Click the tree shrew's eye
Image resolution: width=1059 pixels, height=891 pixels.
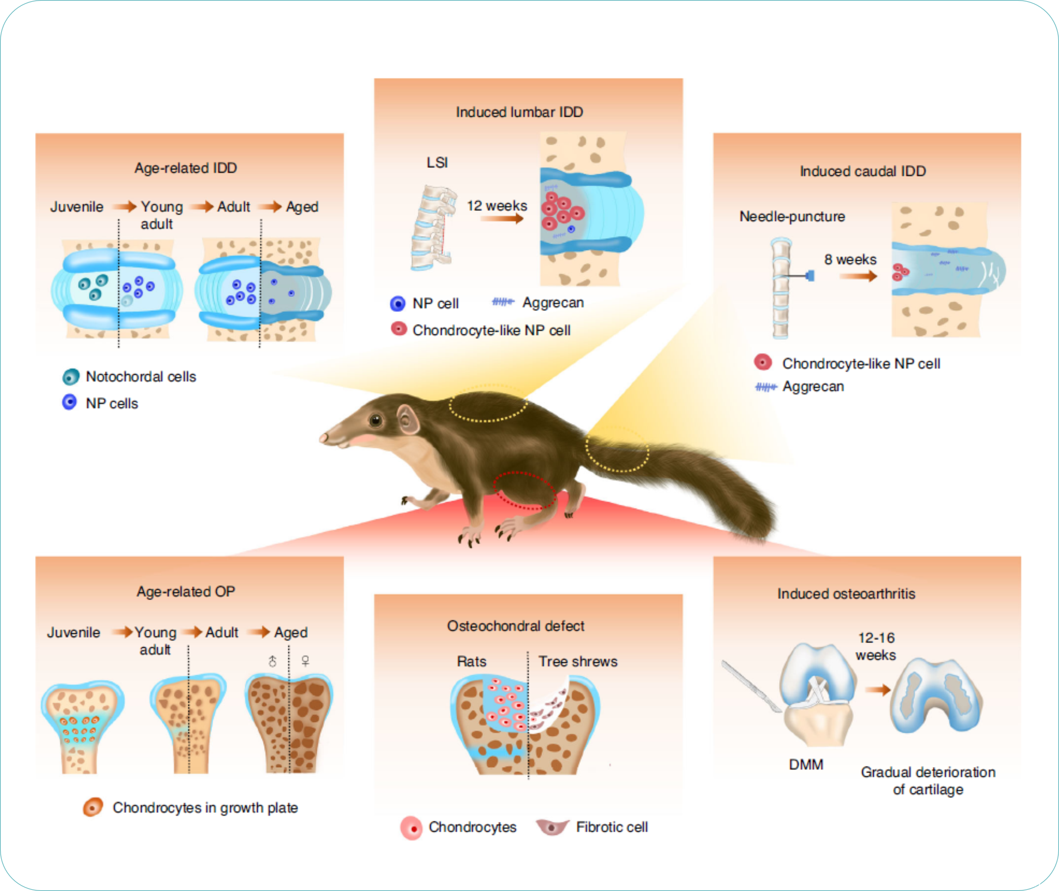375,420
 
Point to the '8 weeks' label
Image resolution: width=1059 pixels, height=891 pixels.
850,260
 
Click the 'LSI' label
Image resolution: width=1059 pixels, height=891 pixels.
437,163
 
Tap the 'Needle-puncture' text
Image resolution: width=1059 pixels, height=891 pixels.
792,217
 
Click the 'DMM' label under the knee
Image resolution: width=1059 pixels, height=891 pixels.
806,765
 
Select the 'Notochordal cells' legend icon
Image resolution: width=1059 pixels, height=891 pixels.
71,377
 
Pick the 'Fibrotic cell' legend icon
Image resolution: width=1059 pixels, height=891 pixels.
552,827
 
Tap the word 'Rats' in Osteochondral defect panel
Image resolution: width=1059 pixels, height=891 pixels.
471,662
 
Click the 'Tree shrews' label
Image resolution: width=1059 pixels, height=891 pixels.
578,662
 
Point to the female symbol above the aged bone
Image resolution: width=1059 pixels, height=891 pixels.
305,661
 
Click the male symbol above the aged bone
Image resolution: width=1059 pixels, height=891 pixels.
273,661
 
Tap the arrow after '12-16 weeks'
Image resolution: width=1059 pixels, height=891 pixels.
877,690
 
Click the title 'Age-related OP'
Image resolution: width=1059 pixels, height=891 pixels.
186,591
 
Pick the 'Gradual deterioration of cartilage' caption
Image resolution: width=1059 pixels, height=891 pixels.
928,781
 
